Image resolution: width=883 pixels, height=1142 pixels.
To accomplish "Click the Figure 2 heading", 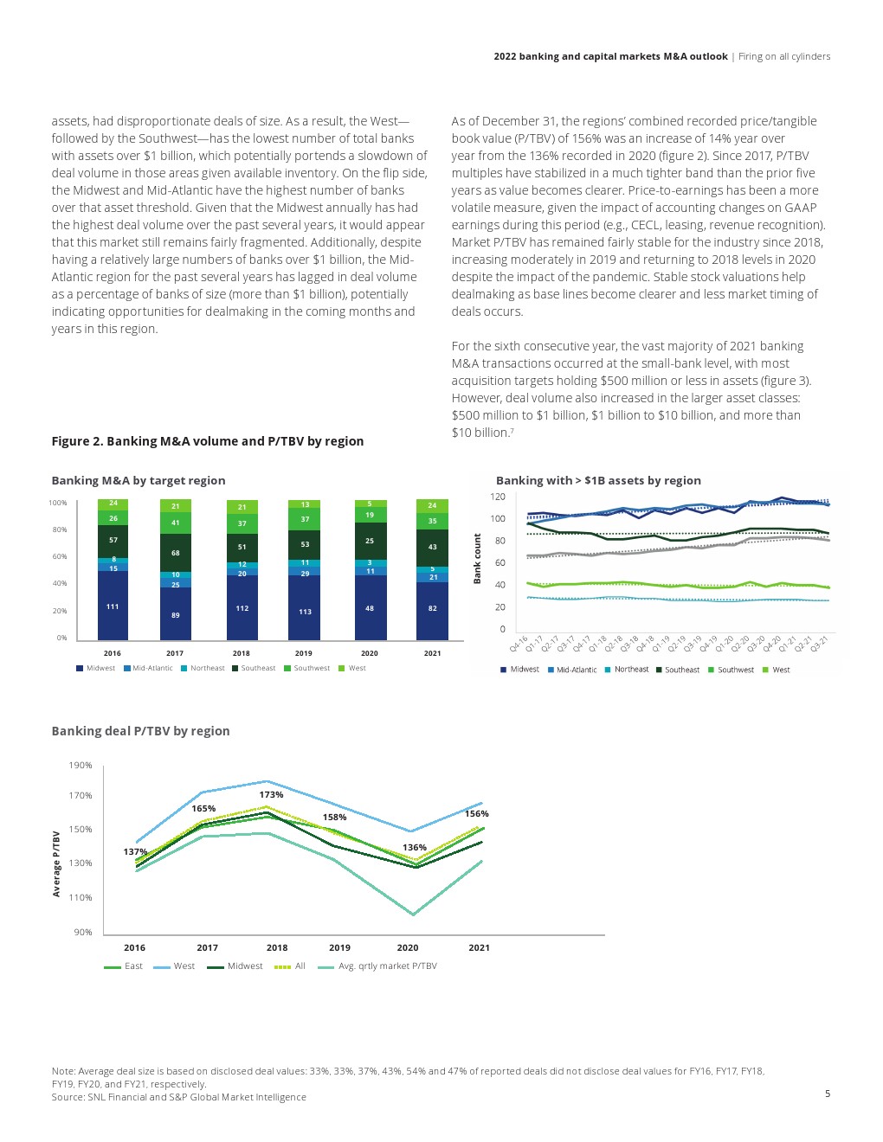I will pos(207,441).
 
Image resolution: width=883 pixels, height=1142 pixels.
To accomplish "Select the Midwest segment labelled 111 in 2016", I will pos(113,606).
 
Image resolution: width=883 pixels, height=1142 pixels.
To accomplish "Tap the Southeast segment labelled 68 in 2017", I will pos(175,553).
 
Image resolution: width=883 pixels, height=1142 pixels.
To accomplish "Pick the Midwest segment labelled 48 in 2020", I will pos(370,608).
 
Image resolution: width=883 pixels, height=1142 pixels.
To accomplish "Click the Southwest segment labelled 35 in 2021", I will pos(432,521).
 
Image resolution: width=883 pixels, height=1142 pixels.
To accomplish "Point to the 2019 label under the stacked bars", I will pos(303,653).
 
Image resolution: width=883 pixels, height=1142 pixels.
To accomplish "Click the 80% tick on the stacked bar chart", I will pos(58,529).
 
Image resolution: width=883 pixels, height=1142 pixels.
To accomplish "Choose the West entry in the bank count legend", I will pos(781,670).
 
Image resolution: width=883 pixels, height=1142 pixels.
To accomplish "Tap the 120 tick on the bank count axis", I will pos(498,497).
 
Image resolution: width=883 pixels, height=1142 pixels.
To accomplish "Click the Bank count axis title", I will pos(477,559).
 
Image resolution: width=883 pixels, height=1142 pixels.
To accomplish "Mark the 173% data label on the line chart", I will pos(271,794).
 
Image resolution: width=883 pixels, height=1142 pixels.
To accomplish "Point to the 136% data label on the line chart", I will pos(415,847).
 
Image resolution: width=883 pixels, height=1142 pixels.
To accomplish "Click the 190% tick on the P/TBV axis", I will pos(81,765).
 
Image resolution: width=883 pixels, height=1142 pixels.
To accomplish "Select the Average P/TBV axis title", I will pos(57,863).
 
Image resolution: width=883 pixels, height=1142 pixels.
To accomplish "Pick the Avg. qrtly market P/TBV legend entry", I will pos(387,966).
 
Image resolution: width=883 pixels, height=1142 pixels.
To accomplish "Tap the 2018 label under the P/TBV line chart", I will pos(277,947).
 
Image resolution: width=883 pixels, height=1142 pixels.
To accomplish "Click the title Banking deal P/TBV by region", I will pos(140,731).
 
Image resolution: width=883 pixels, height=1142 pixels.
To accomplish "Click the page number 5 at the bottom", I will pos(827,1094).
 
